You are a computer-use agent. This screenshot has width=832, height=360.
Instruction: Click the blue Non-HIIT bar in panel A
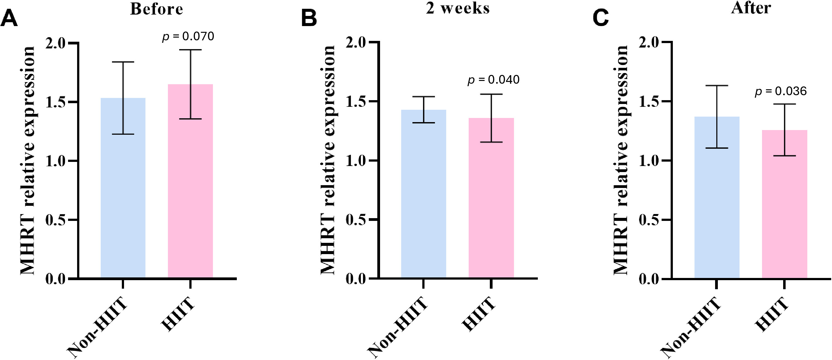click(x=123, y=188)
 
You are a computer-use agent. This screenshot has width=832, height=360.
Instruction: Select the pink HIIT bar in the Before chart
click(x=190, y=181)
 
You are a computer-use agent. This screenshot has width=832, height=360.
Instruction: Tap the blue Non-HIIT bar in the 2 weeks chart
click(x=424, y=194)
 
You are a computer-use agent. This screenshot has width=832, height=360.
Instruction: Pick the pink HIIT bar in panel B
click(x=491, y=198)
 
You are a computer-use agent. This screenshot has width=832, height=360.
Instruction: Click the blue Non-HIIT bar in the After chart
click(x=717, y=197)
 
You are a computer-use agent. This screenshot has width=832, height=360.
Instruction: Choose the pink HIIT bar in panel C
click(x=785, y=204)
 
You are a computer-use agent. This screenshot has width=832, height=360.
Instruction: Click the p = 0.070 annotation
click(x=188, y=36)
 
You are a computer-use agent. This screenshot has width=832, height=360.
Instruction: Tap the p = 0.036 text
click(x=781, y=91)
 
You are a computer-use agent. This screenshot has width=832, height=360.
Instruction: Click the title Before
click(x=157, y=9)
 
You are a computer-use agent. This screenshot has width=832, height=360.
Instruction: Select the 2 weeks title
click(x=458, y=8)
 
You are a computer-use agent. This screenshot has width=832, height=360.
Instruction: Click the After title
click(x=751, y=8)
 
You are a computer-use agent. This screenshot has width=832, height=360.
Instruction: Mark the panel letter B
click(x=309, y=19)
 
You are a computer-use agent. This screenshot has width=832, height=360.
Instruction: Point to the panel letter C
click(x=601, y=19)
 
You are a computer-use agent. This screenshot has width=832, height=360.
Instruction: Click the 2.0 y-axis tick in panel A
click(x=55, y=43)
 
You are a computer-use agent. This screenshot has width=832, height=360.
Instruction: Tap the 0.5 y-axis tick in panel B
click(x=356, y=220)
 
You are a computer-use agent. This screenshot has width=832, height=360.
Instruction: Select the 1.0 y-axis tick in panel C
click(x=649, y=161)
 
